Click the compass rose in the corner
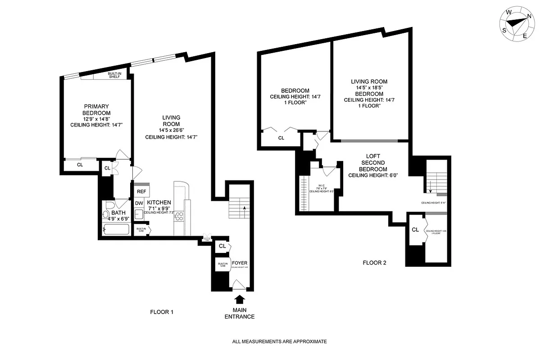517,25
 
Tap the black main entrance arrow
239,300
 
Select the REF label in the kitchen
141,191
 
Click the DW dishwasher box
139,203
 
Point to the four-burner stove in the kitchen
178,216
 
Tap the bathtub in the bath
116,229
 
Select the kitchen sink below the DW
139,216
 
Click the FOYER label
240,263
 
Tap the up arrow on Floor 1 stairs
245,208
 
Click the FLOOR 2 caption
374,263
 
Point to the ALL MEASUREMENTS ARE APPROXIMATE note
279,342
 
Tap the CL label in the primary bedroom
80,165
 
